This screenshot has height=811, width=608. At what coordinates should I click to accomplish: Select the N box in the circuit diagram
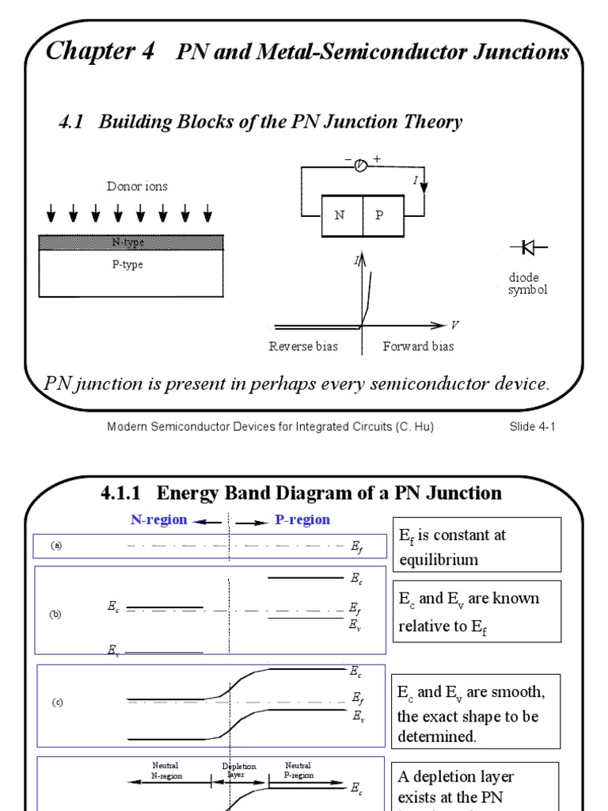point(341,215)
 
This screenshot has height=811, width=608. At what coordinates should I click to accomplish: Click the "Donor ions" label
point(137,187)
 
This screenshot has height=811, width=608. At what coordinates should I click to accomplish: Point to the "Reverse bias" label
point(303,346)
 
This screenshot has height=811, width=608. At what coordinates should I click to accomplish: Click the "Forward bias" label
point(418,346)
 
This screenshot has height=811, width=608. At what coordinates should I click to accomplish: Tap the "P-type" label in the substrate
point(127,265)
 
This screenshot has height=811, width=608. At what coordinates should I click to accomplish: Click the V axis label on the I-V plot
point(454,325)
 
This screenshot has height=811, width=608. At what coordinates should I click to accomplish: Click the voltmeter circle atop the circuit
point(361,165)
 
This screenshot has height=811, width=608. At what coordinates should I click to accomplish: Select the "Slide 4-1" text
point(533,427)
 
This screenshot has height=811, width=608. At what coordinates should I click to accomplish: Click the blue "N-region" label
point(159,520)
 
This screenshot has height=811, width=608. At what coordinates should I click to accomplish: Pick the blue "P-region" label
point(302,520)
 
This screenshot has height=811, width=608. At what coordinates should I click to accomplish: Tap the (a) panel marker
point(56,546)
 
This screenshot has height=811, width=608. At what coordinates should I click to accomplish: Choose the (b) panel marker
point(55,614)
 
